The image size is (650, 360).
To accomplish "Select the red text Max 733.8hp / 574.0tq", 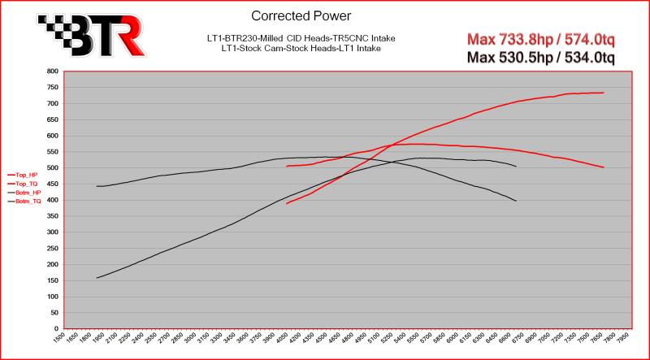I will coord(541,40).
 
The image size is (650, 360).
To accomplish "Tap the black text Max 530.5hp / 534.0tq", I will coord(541,57).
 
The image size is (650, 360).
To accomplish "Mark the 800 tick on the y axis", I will coord(51,72).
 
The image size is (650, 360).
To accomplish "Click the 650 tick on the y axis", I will coord(51,119).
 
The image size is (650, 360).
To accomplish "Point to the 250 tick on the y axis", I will coord(51,248).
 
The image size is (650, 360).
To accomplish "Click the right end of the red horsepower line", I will coord(604,93).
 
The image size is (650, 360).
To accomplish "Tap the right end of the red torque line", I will coord(604,167).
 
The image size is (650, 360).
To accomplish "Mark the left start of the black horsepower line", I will coord(97,278).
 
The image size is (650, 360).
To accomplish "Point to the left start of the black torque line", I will coord(97,186).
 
